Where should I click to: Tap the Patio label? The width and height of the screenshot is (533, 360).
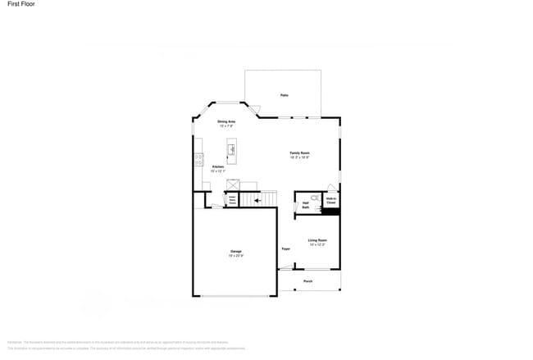tap(284, 95)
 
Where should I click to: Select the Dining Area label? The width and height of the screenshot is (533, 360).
tap(226, 121)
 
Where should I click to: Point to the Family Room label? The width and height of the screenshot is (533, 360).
tap(299, 153)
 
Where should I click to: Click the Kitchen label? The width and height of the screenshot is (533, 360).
tap(218, 166)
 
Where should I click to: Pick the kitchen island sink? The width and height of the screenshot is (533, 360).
tap(232, 149)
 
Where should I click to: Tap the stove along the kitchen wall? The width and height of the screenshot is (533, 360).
tap(198, 160)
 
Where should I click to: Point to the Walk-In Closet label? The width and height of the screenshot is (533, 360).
tap(331, 200)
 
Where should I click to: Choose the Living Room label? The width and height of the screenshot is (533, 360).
tap(317, 240)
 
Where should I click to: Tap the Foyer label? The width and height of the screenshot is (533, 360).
tap(286, 248)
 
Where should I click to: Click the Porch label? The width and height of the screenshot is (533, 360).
tap(308, 280)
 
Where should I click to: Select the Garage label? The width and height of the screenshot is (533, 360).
tap(236, 251)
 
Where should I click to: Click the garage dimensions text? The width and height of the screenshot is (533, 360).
tap(236, 256)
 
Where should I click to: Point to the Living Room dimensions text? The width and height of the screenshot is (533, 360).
tap(317, 245)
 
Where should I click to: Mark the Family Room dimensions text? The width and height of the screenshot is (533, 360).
tap(299, 157)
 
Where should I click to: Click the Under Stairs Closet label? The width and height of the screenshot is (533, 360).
tap(232, 199)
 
